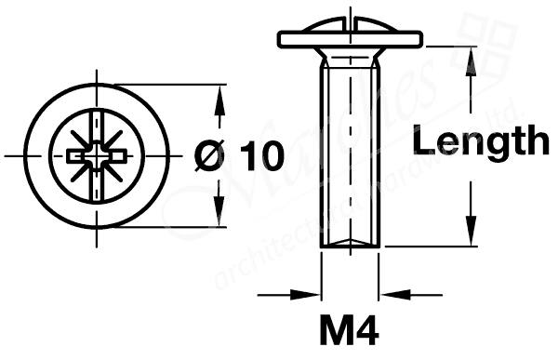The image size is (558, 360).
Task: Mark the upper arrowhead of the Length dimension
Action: (x=472, y=55)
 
